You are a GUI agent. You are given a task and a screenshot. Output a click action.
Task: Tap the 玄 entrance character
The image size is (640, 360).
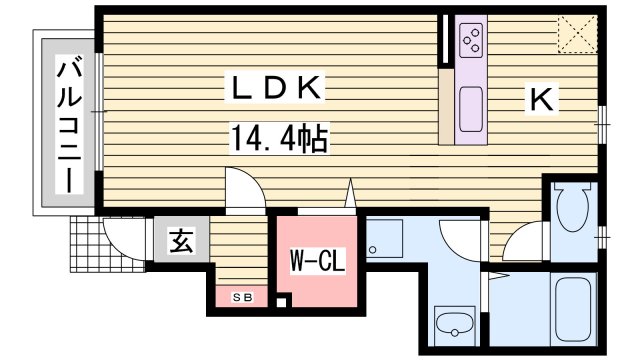click(181, 241)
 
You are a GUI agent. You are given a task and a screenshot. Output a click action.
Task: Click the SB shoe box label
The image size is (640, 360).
click(241, 297)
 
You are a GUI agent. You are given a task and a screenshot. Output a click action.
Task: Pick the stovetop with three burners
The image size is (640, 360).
click(471, 41)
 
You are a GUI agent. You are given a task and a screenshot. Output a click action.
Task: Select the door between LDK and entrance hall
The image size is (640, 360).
click(244, 190)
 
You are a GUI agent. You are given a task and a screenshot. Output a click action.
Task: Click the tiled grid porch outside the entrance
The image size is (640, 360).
click(86, 245)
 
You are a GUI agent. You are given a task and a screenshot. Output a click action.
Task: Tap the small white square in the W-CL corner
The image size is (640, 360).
click(283, 302)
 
